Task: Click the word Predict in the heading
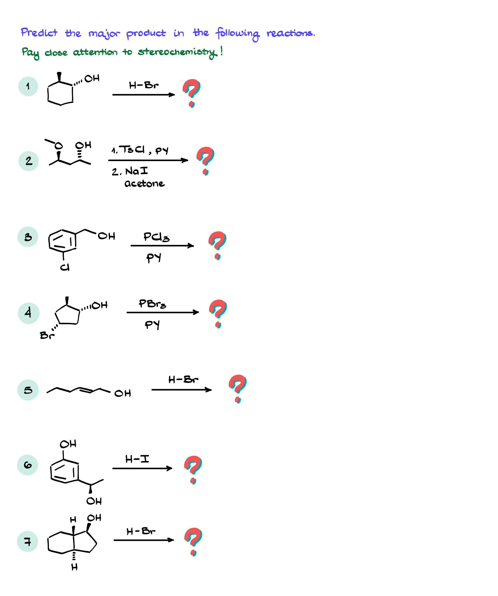point(39,33)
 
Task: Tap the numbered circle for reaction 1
point(28,86)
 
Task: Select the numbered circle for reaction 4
point(28,313)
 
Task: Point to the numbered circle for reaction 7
point(27,541)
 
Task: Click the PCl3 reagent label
point(156,237)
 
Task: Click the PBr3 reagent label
point(152,304)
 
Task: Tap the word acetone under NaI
point(144,184)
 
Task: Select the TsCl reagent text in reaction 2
point(132,149)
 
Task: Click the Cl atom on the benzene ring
point(65,267)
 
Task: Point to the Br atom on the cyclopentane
point(47,336)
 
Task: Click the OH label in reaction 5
point(123,393)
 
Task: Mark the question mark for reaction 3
point(217,245)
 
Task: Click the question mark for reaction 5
point(238,389)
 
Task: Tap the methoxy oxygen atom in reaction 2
point(58,146)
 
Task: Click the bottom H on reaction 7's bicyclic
point(74,567)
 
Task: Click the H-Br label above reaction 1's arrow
point(144,85)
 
